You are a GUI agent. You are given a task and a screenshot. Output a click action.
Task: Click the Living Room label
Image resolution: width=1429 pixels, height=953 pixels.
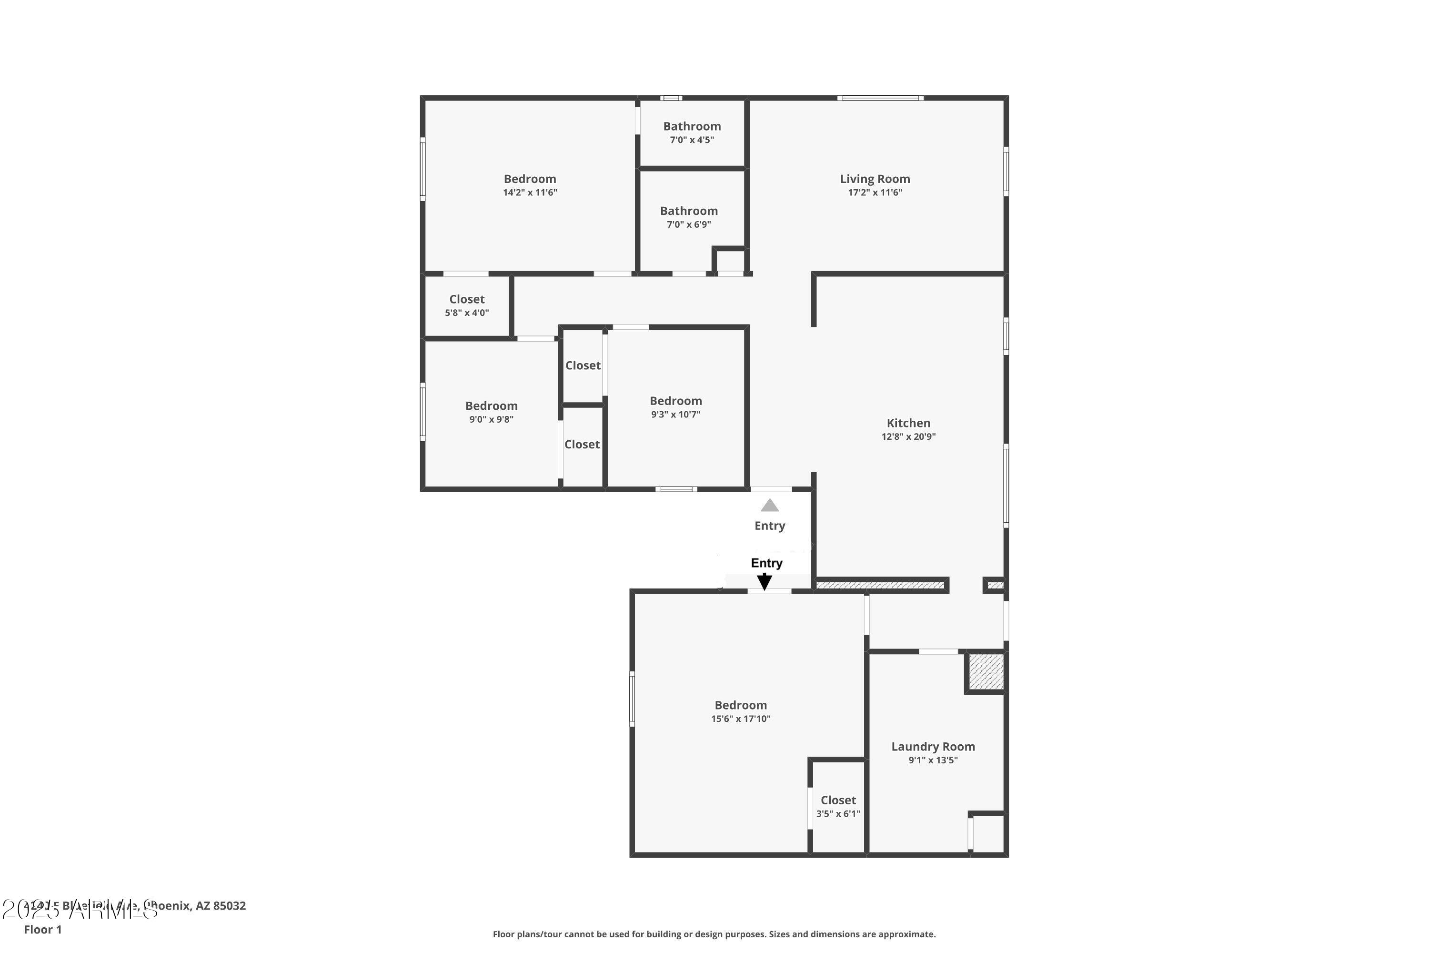pos(875,179)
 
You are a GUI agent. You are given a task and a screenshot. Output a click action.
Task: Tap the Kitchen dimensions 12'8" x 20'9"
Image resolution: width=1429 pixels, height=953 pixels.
pos(908,436)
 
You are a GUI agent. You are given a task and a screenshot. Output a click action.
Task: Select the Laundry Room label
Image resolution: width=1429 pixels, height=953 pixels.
pos(933,746)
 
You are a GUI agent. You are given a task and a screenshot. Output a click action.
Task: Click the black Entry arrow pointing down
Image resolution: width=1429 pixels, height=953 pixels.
pos(765,582)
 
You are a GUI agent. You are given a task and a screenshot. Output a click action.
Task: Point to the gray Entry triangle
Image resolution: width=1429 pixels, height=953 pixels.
pos(770,506)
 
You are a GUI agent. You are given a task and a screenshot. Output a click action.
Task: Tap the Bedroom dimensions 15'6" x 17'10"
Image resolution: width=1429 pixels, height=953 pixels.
pos(741,719)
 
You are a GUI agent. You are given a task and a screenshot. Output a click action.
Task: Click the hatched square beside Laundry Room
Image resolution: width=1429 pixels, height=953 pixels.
pos(986,671)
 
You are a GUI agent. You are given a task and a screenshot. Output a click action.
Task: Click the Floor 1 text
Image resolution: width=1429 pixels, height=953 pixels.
pos(42,929)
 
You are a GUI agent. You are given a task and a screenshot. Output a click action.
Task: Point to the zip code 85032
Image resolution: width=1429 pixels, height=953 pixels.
pos(229,906)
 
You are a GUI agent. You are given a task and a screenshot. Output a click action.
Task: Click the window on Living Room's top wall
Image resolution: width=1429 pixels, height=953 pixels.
pos(880,98)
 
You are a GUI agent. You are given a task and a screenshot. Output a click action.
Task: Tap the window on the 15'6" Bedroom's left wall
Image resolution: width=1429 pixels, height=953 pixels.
pos(632,699)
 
